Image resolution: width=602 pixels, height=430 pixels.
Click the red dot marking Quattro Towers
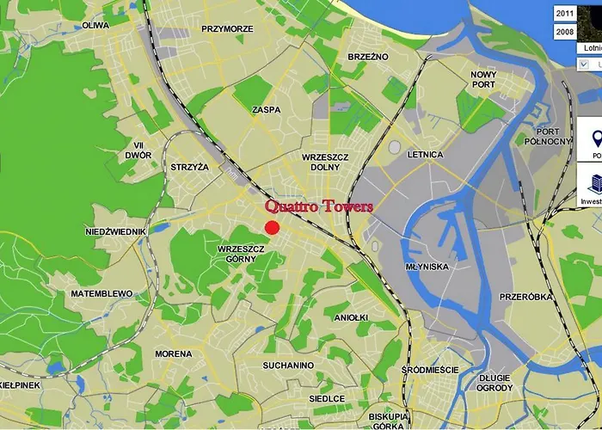coord(272,227)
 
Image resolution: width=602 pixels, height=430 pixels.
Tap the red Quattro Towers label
coord(319,206)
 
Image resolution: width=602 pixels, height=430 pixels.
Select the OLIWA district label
coord(95,26)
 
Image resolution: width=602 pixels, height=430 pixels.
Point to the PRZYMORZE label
coord(227,28)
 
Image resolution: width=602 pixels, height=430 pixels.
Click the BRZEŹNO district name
coord(368,56)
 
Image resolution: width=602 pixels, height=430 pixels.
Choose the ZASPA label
coord(267,110)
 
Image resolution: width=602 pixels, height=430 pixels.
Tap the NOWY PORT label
coord(483,79)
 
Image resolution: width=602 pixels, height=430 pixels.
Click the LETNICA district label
coord(425,155)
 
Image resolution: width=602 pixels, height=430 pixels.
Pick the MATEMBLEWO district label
coord(102,293)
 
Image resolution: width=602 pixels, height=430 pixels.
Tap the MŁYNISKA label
coord(427,267)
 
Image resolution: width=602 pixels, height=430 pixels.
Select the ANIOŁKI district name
coord(352,317)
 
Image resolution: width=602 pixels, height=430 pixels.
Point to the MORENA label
coord(174,354)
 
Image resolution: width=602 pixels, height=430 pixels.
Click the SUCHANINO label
coord(288,365)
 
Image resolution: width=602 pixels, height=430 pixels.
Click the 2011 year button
coord(565,14)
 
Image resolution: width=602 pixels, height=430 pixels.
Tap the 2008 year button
coord(565,31)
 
